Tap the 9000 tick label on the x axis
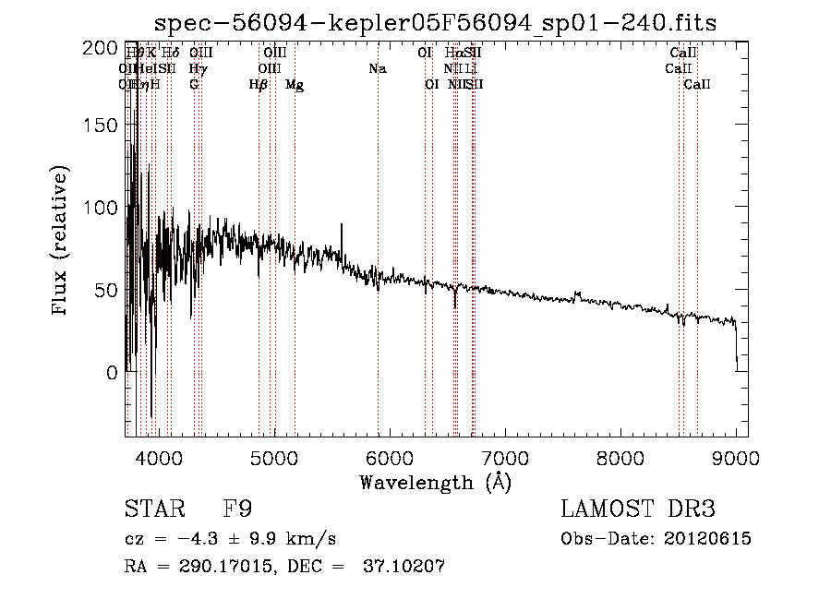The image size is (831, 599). pos(736,458)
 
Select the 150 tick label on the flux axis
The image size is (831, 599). pos(101,126)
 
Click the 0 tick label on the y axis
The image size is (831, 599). pos(112,373)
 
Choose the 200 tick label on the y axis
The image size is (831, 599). pos(101,48)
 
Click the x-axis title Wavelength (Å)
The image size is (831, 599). pos(435,482)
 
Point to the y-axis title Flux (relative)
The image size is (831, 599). pos(61,242)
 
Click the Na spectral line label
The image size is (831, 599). pos(377,69)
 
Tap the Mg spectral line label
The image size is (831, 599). pos(295,85)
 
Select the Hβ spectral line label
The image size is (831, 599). pos(259,85)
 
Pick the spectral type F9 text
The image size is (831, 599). pos(238,509)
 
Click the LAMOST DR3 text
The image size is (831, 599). pos(638,509)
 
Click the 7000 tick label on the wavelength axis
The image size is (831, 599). pos(504,458)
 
